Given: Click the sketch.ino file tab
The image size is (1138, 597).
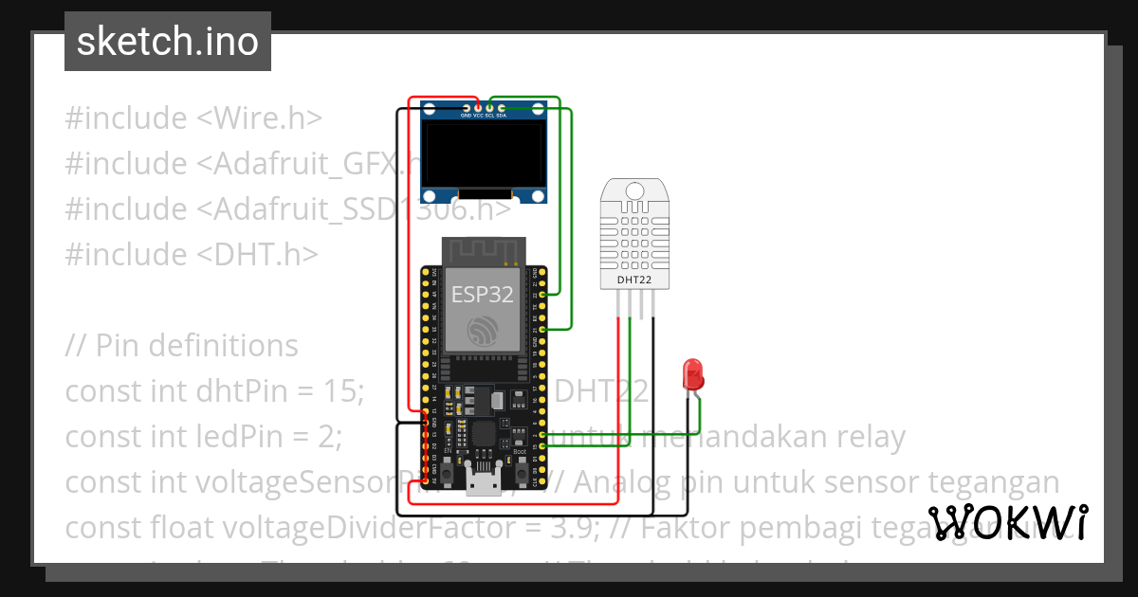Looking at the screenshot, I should [x=167, y=42].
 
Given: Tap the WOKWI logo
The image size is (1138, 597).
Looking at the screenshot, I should [x=1007, y=522].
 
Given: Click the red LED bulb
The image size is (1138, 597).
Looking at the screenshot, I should [x=693, y=374].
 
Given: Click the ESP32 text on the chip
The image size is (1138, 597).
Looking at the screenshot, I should [x=482, y=294].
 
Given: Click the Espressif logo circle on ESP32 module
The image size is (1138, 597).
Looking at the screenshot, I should [x=483, y=332].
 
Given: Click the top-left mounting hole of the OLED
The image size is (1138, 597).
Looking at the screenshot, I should [x=430, y=116].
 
